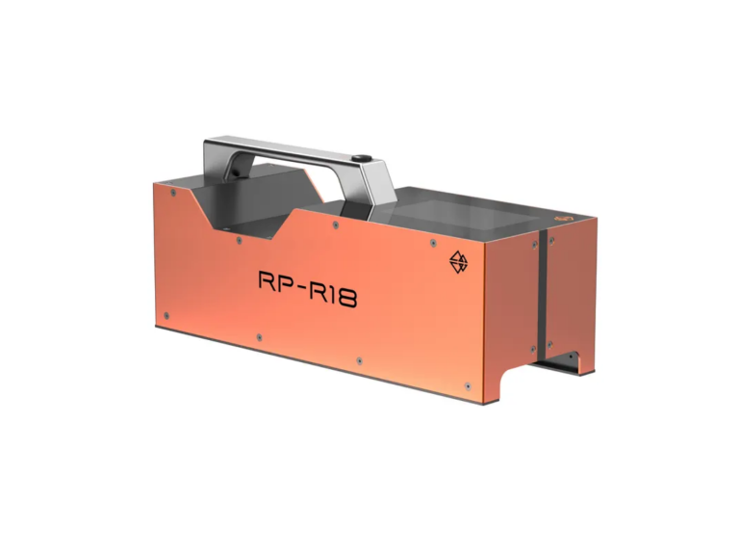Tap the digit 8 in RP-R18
[x=345, y=298]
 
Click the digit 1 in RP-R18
[x=333, y=294]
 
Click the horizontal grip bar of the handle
[x=289, y=151]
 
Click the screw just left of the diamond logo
[x=432, y=240]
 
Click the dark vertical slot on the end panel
[x=543, y=289]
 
